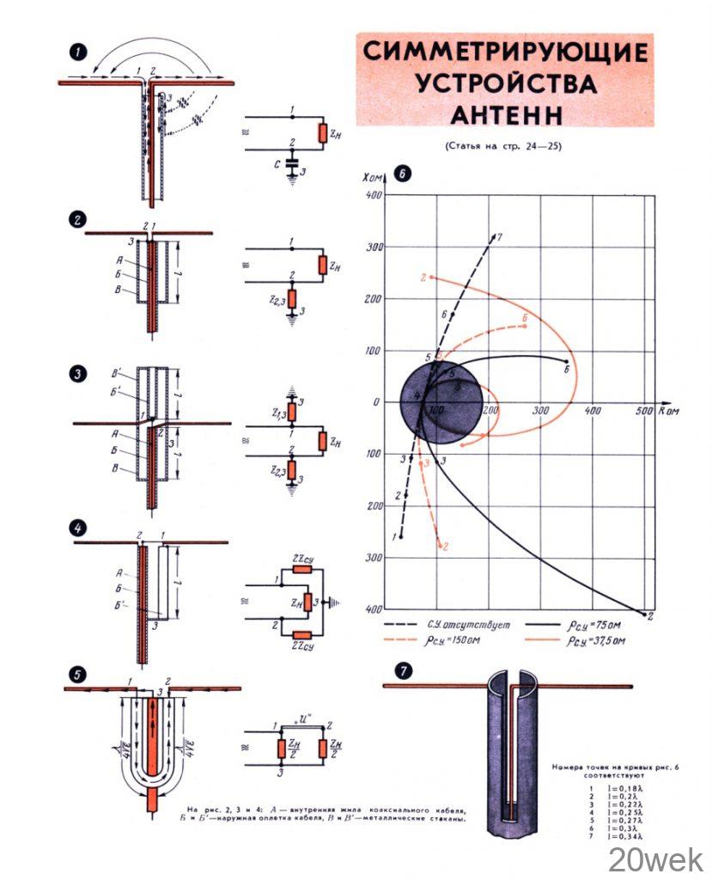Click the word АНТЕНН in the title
pos(505,113)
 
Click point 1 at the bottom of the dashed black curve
pos(401,536)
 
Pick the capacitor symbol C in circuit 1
pos(294,160)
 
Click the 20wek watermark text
pos(656,858)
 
